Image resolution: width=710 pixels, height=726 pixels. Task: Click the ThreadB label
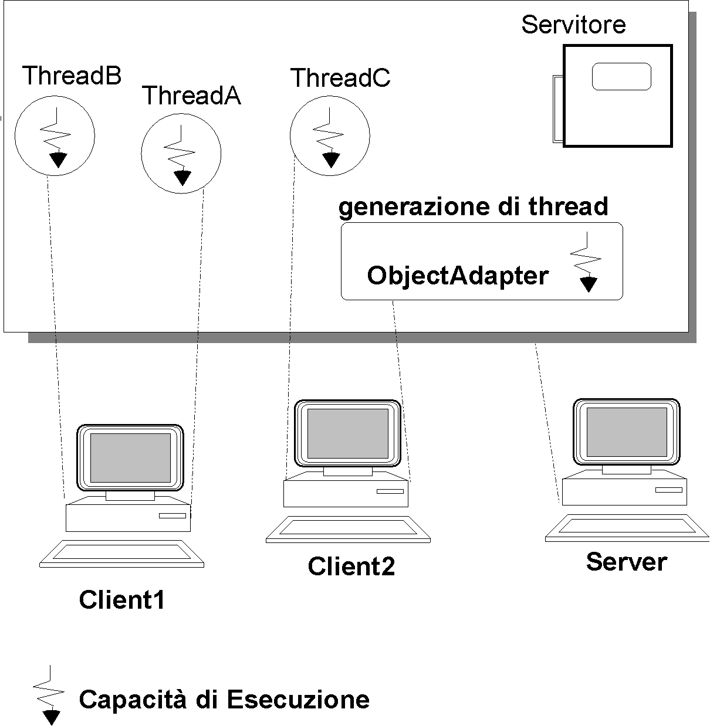[72, 76]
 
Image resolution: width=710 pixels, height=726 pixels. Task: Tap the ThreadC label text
[340, 78]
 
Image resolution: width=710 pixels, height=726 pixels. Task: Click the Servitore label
[573, 25]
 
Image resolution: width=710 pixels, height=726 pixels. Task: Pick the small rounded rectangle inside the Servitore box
[621, 77]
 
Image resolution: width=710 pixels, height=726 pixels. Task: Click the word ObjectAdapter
[458, 275]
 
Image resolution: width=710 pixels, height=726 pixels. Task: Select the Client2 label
[351, 566]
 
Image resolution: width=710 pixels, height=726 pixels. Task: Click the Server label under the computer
[626, 562]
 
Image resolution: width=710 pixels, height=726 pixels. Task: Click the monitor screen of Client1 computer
[130, 457]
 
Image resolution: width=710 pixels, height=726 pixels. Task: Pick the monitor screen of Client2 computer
[348, 433]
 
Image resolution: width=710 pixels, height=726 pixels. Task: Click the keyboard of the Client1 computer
[122, 554]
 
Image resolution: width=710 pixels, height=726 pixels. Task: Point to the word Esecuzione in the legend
[298, 700]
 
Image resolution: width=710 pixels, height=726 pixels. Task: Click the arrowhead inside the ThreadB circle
[58, 160]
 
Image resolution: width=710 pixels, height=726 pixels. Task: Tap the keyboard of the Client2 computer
[348, 529]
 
